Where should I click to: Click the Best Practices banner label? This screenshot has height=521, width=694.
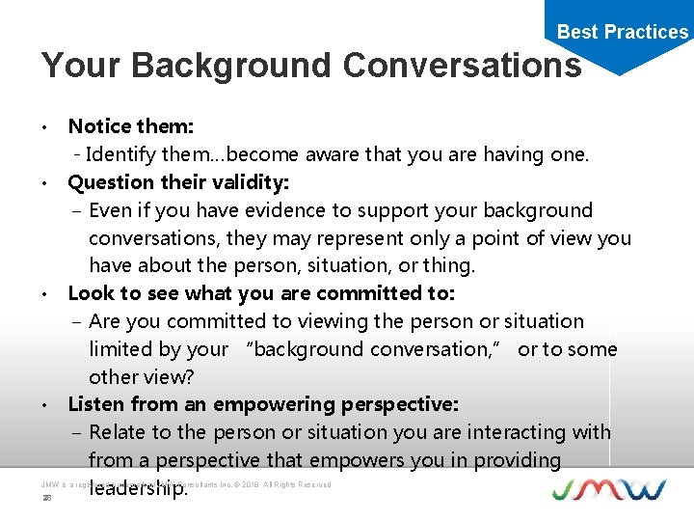point(623,32)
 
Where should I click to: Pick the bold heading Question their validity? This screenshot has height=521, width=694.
point(178,182)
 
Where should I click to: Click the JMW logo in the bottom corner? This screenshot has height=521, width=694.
point(608,488)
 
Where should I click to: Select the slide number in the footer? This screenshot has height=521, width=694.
point(45,498)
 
